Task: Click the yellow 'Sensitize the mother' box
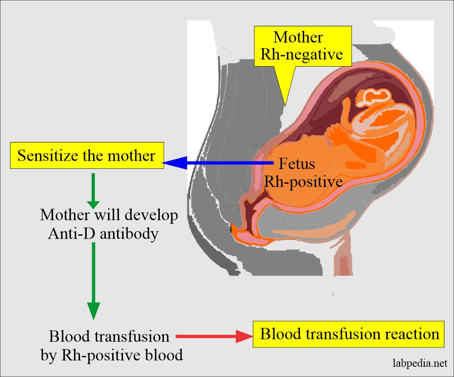point(86,156)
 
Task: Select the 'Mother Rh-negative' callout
point(301,46)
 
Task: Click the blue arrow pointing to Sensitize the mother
point(218,162)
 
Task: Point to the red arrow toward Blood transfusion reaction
point(213,336)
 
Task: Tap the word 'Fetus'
point(297,163)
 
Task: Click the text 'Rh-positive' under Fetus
point(303,181)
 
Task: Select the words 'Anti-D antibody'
point(103,234)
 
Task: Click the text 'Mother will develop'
point(109,215)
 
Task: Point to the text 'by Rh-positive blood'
point(112,354)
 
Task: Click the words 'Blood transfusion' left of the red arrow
point(109,336)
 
